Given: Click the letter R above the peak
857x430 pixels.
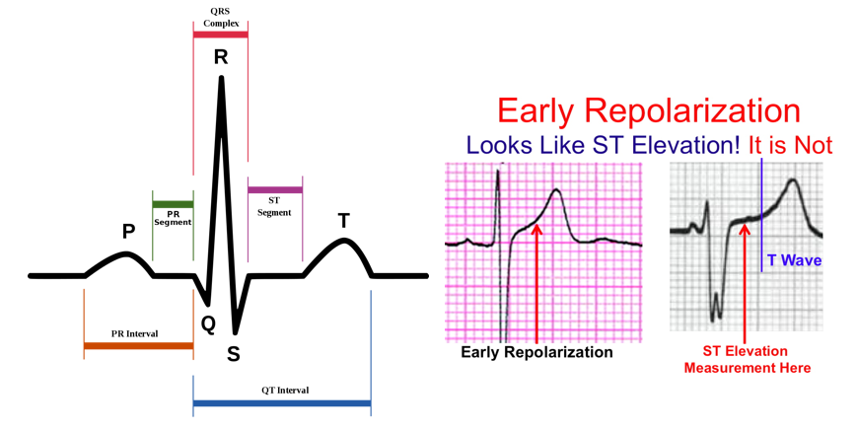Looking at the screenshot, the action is (221, 57).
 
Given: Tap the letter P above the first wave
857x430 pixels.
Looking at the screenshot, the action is (128, 232).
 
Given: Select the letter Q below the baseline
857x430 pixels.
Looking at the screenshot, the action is (208, 325).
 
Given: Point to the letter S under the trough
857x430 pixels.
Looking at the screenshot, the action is (234, 355).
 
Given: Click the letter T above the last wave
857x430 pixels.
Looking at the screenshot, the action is (343, 221).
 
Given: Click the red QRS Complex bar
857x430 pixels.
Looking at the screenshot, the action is (221, 35).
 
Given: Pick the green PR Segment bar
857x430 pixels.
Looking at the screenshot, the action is (173, 204).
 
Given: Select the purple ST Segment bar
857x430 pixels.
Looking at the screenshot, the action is (275, 190).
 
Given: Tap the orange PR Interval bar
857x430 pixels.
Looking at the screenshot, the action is (138, 346).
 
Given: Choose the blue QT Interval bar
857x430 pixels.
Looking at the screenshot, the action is (282, 403).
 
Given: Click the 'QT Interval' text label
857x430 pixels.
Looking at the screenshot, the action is (285, 391).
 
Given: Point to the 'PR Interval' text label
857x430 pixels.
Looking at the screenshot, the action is (134, 333).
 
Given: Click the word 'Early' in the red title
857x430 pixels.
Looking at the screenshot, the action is (536, 110).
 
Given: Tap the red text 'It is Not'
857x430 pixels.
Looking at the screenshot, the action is (790, 145).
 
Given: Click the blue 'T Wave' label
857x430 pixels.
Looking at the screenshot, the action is (794, 260).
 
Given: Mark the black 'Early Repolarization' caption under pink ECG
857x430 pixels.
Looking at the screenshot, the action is (536, 352).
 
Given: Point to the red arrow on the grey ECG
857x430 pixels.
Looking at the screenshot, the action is (745, 282).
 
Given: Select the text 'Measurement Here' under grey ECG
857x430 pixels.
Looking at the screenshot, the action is (748, 368).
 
